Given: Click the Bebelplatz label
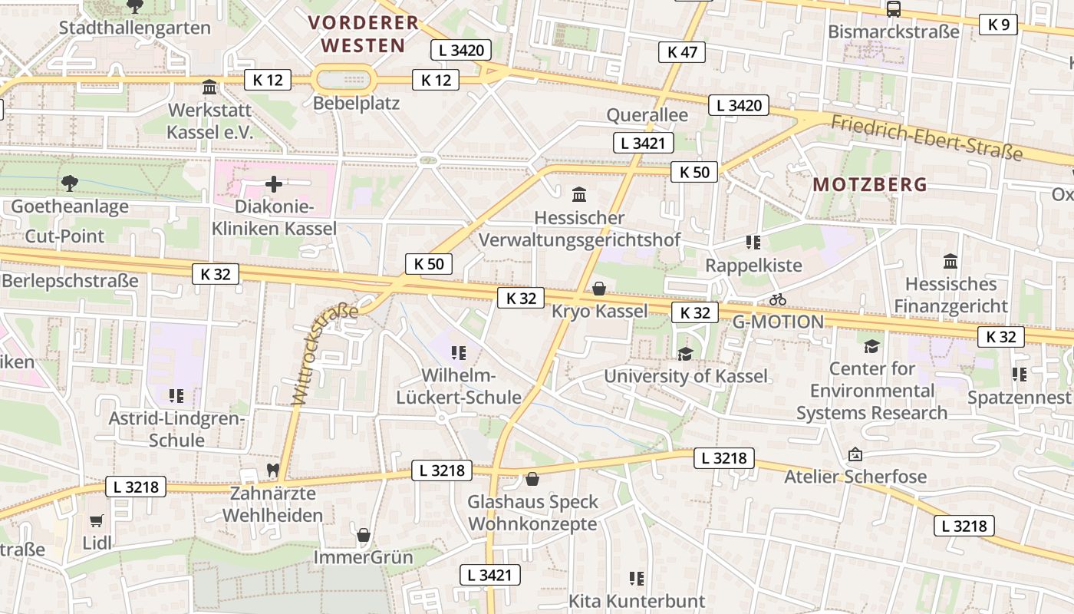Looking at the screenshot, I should pyautogui.click(x=357, y=103).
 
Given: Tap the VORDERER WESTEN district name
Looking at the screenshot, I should pyautogui.click(x=363, y=34).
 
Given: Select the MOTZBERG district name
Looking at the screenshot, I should pyautogui.click(x=870, y=184).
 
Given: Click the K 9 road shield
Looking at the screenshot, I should pyautogui.click(x=998, y=25).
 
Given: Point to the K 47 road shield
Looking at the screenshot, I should pyautogui.click(x=682, y=52).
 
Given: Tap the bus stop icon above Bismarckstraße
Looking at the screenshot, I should pyautogui.click(x=893, y=9).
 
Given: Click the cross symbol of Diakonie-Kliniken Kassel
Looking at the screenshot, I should pyautogui.click(x=274, y=184).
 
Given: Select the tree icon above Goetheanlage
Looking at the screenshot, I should pyautogui.click(x=70, y=183).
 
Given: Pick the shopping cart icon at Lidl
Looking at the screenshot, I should pyautogui.click(x=97, y=521).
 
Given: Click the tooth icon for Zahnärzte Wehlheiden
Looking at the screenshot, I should pyautogui.click(x=272, y=470).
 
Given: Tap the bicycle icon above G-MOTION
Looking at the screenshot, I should pyautogui.click(x=778, y=299).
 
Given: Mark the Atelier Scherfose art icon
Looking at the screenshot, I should pyautogui.click(x=855, y=454).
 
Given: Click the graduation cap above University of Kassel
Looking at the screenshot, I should pyautogui.click(x=685, y=354).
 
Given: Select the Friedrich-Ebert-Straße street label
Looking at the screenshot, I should pyautogui.click(x=927, y=137).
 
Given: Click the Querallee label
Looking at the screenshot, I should pyautogui.click(x=647, y=115).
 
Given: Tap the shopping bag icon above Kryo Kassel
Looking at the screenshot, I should pyautogui.click(x=599, y=289).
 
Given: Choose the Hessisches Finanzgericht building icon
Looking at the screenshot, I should pyautogui.click(x=950, y=261).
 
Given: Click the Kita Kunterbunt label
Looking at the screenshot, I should pyautogui.click(x=636, y=600).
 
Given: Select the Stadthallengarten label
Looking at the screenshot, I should pyautogui.click(x=134, y=28).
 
